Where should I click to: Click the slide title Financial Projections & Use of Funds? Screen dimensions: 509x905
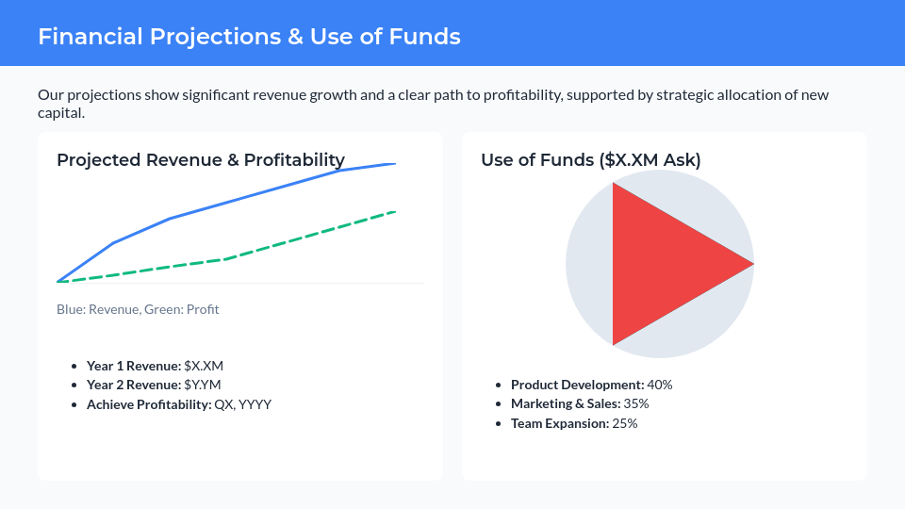(249, 37)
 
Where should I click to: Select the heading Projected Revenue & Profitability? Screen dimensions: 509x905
(200, 160)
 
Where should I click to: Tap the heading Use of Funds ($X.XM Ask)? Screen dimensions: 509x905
(590, 160)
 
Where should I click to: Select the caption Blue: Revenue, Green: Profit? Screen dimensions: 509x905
(138, 309)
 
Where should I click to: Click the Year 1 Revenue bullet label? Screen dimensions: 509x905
(133, 366)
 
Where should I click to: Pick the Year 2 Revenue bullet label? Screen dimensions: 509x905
(133, 385)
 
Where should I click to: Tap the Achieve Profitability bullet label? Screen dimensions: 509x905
(149, 404)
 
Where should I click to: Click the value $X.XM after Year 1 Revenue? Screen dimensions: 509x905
(204, 366)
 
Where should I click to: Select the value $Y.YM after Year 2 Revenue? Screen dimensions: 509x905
(203, 385)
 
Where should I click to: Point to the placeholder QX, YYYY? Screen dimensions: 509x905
(243, 404)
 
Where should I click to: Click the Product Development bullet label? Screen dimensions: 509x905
(577, 385)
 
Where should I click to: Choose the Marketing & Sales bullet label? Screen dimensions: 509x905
(565, 403)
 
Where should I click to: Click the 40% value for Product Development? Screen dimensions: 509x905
(660, 385)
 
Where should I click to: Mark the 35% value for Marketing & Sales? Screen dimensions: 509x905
(636, 403)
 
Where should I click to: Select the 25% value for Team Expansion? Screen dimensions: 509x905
(626, 423)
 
